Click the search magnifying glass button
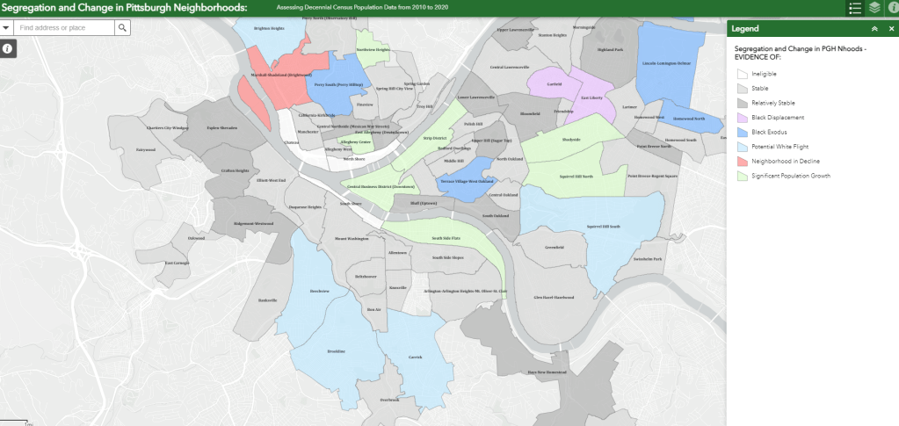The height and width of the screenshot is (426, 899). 122,28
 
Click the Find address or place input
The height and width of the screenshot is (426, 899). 64,28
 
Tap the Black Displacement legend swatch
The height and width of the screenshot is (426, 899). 743,117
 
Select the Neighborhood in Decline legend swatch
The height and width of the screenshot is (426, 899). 743,162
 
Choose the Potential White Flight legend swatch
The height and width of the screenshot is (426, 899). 743,147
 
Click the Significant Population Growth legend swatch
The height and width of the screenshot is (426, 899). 743,177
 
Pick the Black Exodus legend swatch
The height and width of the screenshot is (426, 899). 743,132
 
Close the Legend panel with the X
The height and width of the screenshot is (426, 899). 890,29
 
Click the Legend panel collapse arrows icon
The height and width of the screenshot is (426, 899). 874,29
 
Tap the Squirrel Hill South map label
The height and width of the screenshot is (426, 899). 603,226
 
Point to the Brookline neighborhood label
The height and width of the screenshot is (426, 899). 337,351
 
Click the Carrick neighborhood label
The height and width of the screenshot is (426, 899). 416,357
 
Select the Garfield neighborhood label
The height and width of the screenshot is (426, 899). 554,84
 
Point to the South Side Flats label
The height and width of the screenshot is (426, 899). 448,237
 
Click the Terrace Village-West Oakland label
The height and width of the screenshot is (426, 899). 466,180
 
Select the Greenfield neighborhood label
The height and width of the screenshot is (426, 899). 554,248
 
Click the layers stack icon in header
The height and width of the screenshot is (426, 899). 874,8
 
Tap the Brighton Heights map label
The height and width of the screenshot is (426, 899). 269,28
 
